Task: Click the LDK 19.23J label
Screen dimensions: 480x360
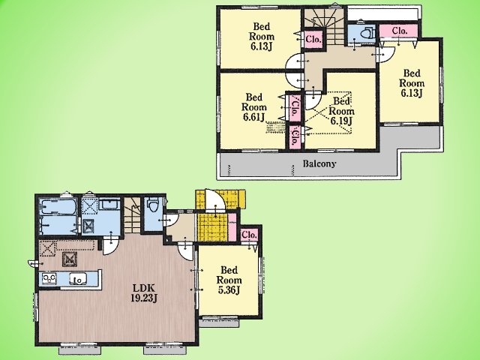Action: coord(144,293)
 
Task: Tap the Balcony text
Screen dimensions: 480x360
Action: coord(319,163)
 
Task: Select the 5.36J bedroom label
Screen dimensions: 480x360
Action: coord(229,280)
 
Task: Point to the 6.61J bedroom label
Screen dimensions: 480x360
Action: coord(254,107)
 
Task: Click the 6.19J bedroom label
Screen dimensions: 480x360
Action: coord(341,111)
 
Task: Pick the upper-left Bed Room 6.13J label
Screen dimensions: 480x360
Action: coord(262,37)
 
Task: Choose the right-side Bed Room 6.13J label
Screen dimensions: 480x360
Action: coord(412,83)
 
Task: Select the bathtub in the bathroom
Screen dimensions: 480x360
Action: coord(58,207)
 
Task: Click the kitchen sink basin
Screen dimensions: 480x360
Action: coord(78,279)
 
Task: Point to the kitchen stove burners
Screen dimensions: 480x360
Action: coord(49,278)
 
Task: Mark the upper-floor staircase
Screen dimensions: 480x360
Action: coord(325,26)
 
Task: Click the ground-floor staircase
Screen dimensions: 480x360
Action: coord(132,215)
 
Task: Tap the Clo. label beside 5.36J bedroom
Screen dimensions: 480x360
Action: coord(249,235)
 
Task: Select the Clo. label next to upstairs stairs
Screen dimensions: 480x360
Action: coord(313,39)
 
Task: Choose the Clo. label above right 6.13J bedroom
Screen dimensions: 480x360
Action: coord(400,31)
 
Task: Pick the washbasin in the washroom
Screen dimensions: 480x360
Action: coord(110,205)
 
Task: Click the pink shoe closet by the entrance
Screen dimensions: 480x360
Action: coord(232,226)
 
